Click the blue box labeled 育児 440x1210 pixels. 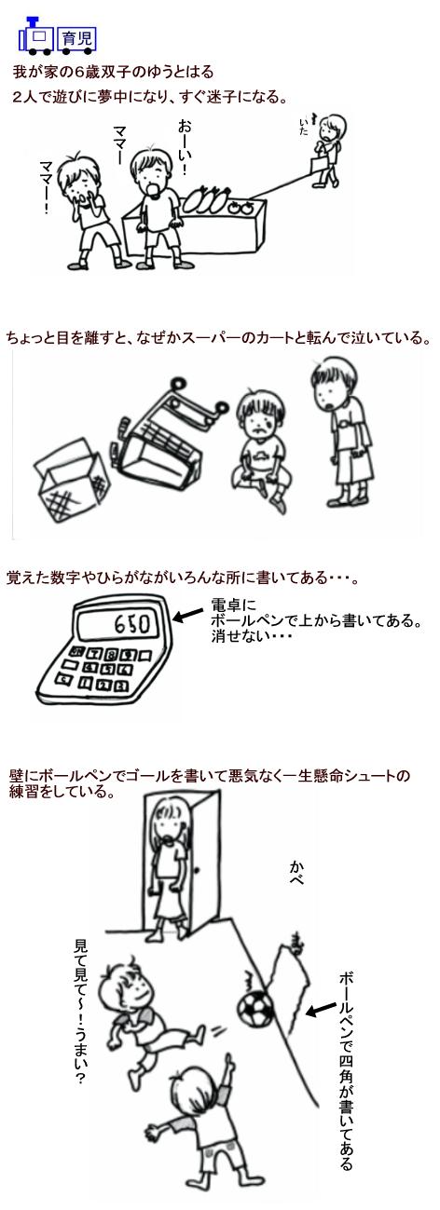point(76,39)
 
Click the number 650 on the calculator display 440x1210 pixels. point(131,624)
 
